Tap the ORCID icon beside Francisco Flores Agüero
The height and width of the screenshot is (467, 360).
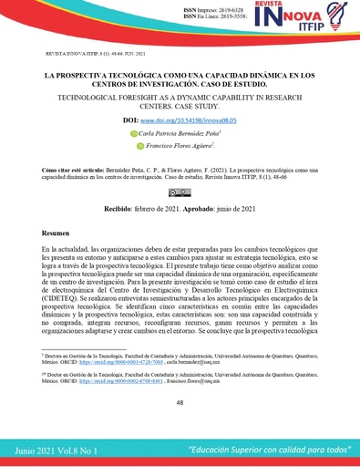click(140, 145)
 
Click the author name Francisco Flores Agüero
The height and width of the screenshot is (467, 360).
click(180, 145)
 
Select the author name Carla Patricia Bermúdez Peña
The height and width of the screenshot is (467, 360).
click(182, 133)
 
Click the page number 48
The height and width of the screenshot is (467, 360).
click(180, 402)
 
